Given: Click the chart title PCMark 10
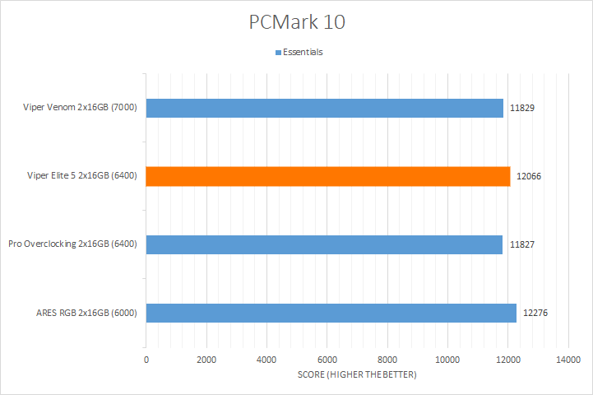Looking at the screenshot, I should click(x=297, y=22).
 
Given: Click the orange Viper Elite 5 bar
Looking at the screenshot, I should click(x=328, y=176).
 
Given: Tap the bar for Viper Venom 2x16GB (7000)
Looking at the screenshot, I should click(x=325, y=108).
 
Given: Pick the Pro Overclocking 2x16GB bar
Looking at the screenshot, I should click(x=324, y=244).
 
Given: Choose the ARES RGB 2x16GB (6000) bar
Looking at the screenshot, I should click(x=331, y=313).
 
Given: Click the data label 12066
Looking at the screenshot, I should click(x=529, y=176).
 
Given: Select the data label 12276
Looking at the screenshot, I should click(x=535, y=313).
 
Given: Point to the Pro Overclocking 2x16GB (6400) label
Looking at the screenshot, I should click(x=72, y=244).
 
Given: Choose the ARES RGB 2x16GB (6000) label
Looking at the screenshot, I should click(x=86, y=313).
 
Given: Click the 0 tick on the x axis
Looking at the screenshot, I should click(x=146, y=360).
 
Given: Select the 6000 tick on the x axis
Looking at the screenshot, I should click(x=327, y=360).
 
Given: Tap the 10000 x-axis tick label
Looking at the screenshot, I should click(x=447, y=360).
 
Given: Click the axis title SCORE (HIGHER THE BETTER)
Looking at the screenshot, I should click(x=357, y=375).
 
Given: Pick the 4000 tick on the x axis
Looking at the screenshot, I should click(x=266, y=360).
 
